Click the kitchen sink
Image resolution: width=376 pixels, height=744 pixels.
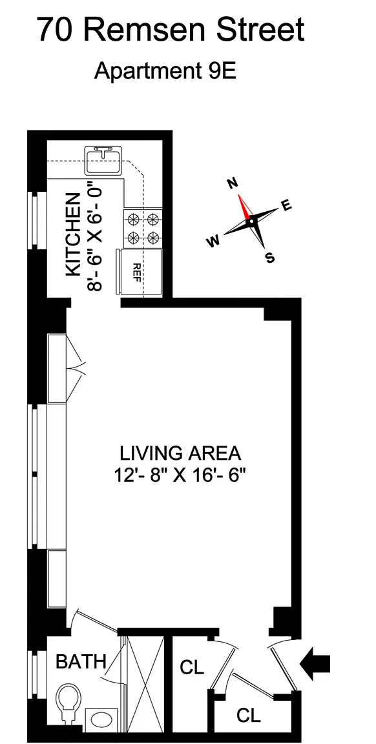click(x=103, y=160)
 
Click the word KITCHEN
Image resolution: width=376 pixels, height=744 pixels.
click(x=72, y=234)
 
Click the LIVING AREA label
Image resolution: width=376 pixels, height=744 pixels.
click(x=180, y=453)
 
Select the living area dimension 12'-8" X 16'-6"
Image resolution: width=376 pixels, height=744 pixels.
click(x=180, y=475)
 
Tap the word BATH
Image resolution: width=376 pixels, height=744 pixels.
click(x=81, y=661)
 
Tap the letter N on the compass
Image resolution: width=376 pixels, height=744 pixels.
click(x=233, y=183)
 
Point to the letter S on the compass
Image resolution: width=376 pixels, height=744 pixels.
click(x=269, y=258)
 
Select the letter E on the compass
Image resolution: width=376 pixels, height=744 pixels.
click(x=287, y=205)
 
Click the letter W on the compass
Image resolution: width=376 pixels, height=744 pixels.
click(x=213, y=242)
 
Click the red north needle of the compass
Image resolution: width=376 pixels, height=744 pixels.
click(x=244, y=207)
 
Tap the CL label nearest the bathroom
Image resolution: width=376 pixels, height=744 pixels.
click(x=192, y=667)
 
